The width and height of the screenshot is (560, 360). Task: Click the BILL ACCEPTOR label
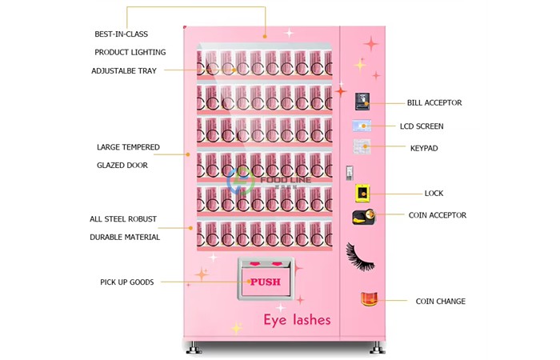(x=434, y=102)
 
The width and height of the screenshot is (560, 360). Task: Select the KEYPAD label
(x=423, y=148)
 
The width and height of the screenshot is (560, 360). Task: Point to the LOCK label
(x=434, y=194)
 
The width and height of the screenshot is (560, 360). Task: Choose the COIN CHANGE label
(x=440, y=302)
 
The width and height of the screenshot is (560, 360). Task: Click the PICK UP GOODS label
(x=126, y=282)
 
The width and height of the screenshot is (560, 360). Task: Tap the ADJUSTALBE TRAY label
(x=124, y=70)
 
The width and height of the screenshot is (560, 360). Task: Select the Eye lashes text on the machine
(x=297, y=320)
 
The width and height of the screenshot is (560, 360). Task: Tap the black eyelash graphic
(x=361, y=256)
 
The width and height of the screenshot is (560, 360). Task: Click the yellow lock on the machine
(x=362, y=193)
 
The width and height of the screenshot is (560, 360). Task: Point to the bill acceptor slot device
(x=362, y=101)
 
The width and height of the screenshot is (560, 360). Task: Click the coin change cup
(x=369, y=299)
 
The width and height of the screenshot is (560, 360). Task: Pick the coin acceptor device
(x=363, y=217)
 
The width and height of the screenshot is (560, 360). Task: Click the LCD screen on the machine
(x=362, y=126)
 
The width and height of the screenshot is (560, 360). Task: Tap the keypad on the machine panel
(x=362, y=146)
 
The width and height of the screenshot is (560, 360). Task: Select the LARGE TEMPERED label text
(x=128, y=147)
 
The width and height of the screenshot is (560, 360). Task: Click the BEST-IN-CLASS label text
(x=121, y=34)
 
